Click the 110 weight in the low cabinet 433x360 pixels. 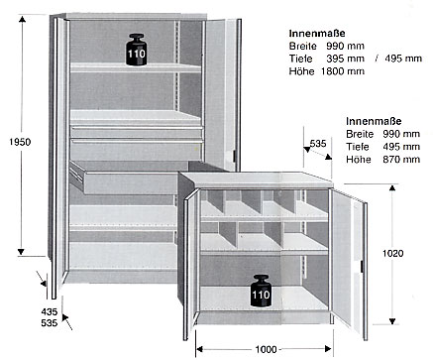261,291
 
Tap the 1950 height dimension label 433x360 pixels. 20,142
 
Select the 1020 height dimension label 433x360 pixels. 392,253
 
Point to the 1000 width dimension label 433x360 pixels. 266,349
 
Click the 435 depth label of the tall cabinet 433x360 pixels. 50,311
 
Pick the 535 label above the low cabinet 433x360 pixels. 318,144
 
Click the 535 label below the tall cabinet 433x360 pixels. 50,322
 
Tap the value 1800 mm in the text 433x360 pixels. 343,71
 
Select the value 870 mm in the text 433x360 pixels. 401,160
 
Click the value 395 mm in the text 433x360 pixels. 345,59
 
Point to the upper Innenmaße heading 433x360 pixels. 317,33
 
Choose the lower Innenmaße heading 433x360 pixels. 374,121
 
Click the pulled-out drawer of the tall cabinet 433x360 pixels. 128,178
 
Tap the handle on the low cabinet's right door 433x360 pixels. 362,266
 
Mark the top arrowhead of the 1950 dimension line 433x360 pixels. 22,19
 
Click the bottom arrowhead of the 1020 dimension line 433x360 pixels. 392,320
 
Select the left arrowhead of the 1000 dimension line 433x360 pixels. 199,349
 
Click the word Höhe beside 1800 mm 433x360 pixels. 301,71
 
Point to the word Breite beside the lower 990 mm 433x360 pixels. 360,134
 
